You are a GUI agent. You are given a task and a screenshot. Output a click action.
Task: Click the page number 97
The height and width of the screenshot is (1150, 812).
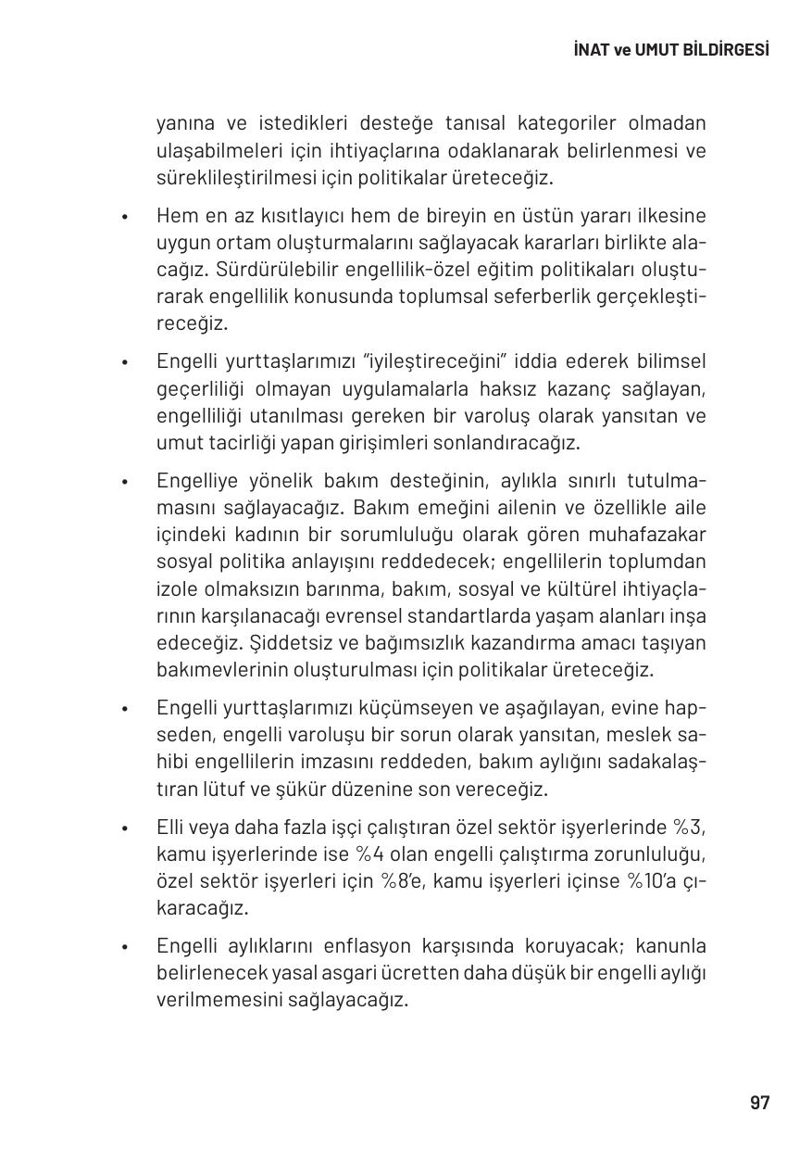pos(759,1103)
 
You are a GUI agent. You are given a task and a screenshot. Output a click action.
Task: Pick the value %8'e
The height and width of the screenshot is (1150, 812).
pos(402,881)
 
